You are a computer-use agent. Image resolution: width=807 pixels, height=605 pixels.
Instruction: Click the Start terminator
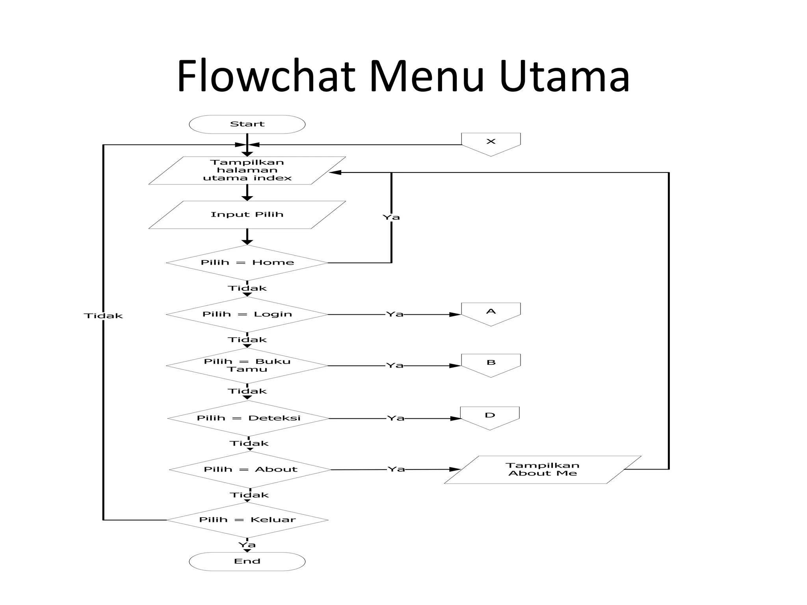click(x=247, y=124)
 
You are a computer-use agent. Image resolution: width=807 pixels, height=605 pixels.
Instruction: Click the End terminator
click(x=247, y=561)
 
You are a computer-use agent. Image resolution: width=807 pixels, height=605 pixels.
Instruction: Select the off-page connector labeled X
click(x=491, y=143)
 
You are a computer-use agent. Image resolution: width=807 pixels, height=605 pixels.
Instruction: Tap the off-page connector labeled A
click(x=491, y=313)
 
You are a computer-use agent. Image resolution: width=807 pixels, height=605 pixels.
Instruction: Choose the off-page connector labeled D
click(x=490, y=416)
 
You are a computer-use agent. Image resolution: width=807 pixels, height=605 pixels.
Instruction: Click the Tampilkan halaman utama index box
click(x=247, y=171)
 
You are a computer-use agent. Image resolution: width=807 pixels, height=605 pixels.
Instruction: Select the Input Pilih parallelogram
click(x=247, y=215)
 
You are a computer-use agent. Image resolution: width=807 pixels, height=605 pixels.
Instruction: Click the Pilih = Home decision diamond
click(x=247, y=263)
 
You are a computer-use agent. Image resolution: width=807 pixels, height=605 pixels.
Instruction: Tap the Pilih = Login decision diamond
click(x=247, y=314)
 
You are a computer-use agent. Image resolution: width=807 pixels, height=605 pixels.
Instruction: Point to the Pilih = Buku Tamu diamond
click(x=247, y=366)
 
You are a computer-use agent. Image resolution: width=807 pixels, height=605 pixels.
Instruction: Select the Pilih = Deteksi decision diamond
click(x=248, y=418)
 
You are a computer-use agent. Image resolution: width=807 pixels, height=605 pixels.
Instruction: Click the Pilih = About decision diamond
click(x=250, y=470)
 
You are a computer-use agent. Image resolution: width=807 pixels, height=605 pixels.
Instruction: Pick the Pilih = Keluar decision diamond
click(x=247, y=520)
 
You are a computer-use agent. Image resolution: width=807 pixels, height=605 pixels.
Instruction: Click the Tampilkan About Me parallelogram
click(x=543, y=470)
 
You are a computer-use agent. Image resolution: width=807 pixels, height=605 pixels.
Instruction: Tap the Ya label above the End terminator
click(x=247, y=545)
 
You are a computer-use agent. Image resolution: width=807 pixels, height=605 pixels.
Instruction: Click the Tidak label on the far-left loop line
click(x=103, y=316)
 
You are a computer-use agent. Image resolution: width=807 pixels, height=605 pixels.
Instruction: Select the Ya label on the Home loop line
click(x=391, y=217)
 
